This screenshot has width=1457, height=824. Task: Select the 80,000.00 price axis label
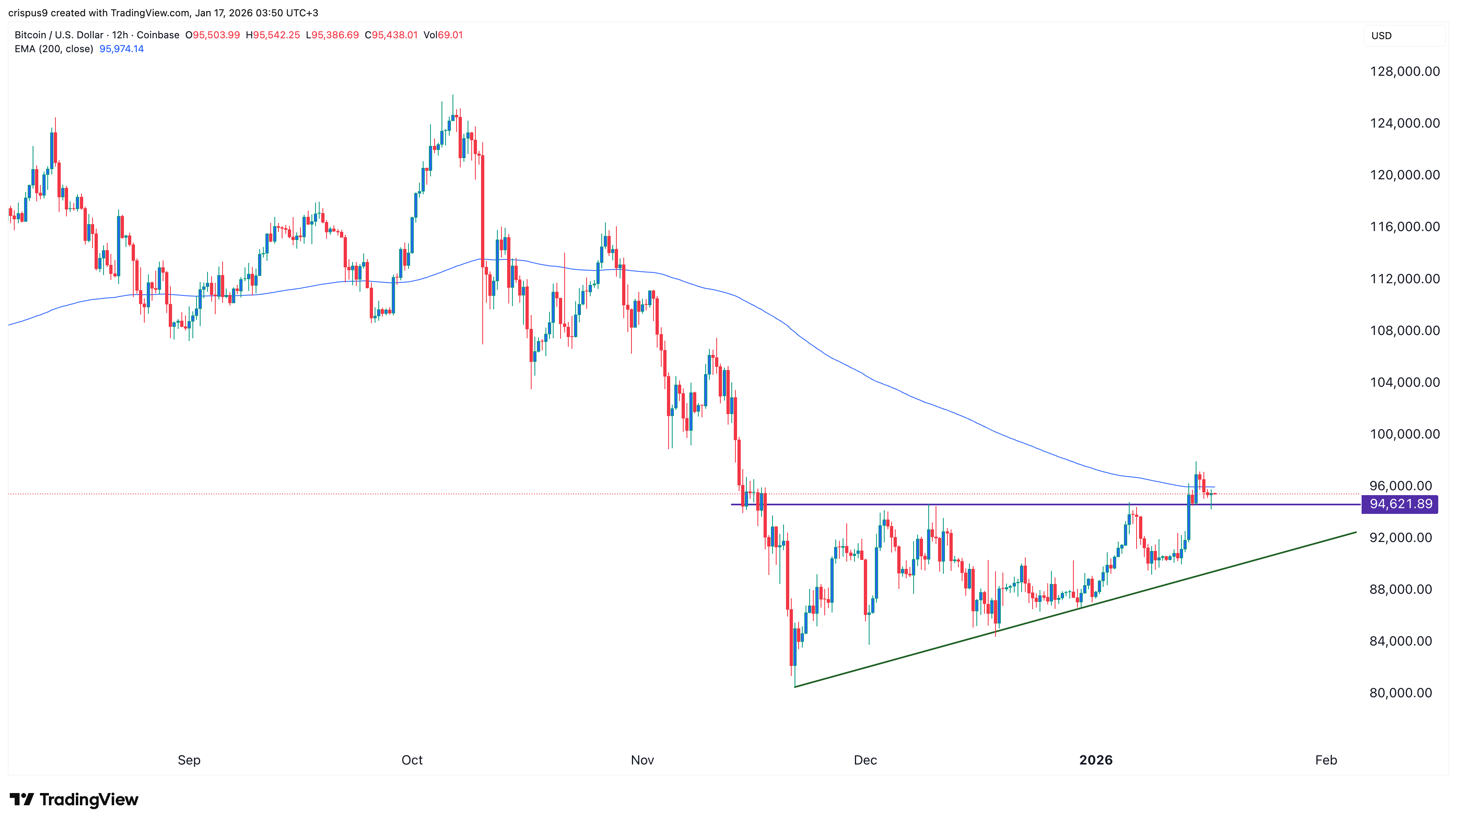click(1400, 693)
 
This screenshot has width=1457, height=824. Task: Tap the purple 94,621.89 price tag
click(1400, 504)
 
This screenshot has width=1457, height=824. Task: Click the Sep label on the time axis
click(189, 760)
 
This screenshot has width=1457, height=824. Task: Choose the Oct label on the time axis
click(412, 760)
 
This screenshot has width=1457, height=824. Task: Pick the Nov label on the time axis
click(642, 760)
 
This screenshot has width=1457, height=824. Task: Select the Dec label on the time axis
click(865, 760)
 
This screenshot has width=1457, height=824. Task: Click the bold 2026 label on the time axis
click(1095, 760)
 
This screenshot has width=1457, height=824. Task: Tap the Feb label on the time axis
click(1326, 760)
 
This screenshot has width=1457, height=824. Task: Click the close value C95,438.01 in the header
click(391, 35)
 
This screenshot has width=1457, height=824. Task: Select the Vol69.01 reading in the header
click(443, 35)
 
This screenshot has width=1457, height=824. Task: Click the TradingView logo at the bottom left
click(74, 799)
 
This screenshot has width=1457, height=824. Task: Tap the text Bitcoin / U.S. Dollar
click(59, 35)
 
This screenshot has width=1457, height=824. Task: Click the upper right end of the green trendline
click(1355, 532)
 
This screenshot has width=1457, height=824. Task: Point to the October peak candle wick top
click(453, 95)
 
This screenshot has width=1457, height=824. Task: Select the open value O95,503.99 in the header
click(213, 35)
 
